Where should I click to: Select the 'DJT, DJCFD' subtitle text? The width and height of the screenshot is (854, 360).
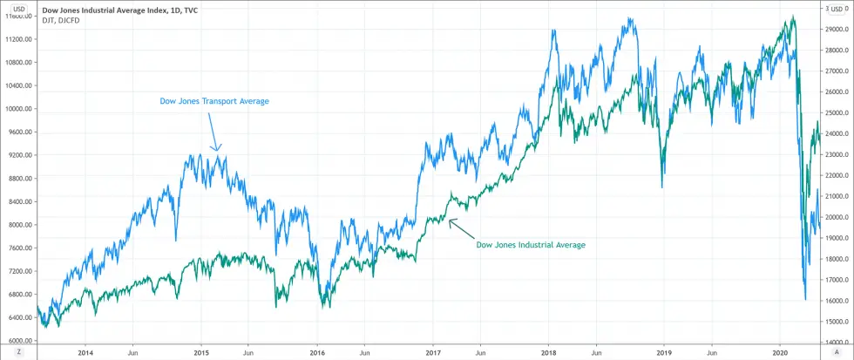click(58, 21)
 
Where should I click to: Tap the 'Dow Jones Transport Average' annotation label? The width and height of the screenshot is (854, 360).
click(214, 101)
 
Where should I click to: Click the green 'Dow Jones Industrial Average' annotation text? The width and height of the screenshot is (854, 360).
click(531, 245)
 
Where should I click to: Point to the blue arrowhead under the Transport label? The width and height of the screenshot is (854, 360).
click(218, 148)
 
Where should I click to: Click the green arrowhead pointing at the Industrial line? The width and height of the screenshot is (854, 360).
click(451, 221)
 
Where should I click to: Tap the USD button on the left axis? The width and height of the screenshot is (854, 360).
click(17, 8)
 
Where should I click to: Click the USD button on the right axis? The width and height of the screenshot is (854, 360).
click(836, 8)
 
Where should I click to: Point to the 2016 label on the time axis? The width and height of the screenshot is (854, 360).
click(317, 352)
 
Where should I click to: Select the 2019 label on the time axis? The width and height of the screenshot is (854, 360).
click(664, 352)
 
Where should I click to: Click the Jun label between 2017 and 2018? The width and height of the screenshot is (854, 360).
click(480, 352)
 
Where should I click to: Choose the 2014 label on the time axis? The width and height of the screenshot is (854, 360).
click(85, 352)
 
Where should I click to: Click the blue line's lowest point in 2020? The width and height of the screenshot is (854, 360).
click(805, 300)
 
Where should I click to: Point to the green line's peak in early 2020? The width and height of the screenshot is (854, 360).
click(792, 17)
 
